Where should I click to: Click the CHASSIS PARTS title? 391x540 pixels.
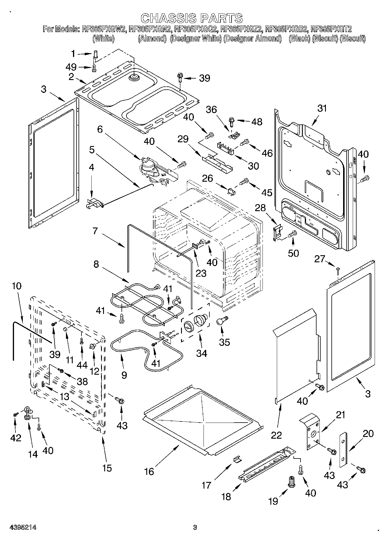pos(192,18)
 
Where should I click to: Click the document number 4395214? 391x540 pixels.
pos(23,527)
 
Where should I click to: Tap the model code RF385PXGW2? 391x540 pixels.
pos(104,29)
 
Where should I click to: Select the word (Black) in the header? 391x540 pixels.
pos(299,39)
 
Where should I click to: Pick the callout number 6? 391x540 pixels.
pos(100,129)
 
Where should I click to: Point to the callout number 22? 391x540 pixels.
pos(276,435)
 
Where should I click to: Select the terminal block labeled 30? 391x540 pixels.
pos(226,148)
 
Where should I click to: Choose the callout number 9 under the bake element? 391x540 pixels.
pos(124,375)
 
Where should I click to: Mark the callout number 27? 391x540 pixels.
pos(319,259)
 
